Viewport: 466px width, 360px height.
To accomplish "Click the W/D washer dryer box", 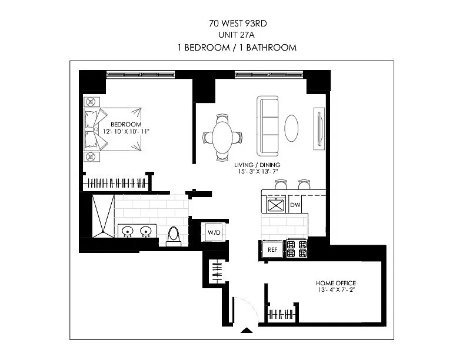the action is point(214,232).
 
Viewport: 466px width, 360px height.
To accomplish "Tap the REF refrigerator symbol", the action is point(272,249).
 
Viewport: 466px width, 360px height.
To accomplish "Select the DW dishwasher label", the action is point(296,205).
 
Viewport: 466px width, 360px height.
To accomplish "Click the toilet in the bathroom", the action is point(174,236).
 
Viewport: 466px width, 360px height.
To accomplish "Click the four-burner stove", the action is point(297,249).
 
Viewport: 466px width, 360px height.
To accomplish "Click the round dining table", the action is point(222,137).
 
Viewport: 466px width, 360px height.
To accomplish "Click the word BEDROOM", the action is point(126,125).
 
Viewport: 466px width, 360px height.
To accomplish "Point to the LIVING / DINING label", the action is point(257,165).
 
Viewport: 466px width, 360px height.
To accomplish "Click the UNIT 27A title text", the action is point(234,35).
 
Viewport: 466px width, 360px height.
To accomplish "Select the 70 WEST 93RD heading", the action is point(234,24).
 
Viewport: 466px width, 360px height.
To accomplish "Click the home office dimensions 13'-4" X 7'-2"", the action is point(337,289).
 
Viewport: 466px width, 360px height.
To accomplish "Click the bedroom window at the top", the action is point(141,74).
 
